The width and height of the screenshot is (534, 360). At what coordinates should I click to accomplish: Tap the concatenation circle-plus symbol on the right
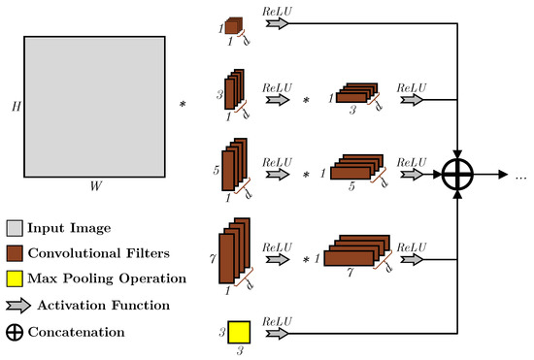(457, 176)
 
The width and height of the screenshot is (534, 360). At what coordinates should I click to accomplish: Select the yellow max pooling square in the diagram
(239, 333)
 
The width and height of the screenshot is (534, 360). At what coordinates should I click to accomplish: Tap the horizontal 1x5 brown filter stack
(356, 171)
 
